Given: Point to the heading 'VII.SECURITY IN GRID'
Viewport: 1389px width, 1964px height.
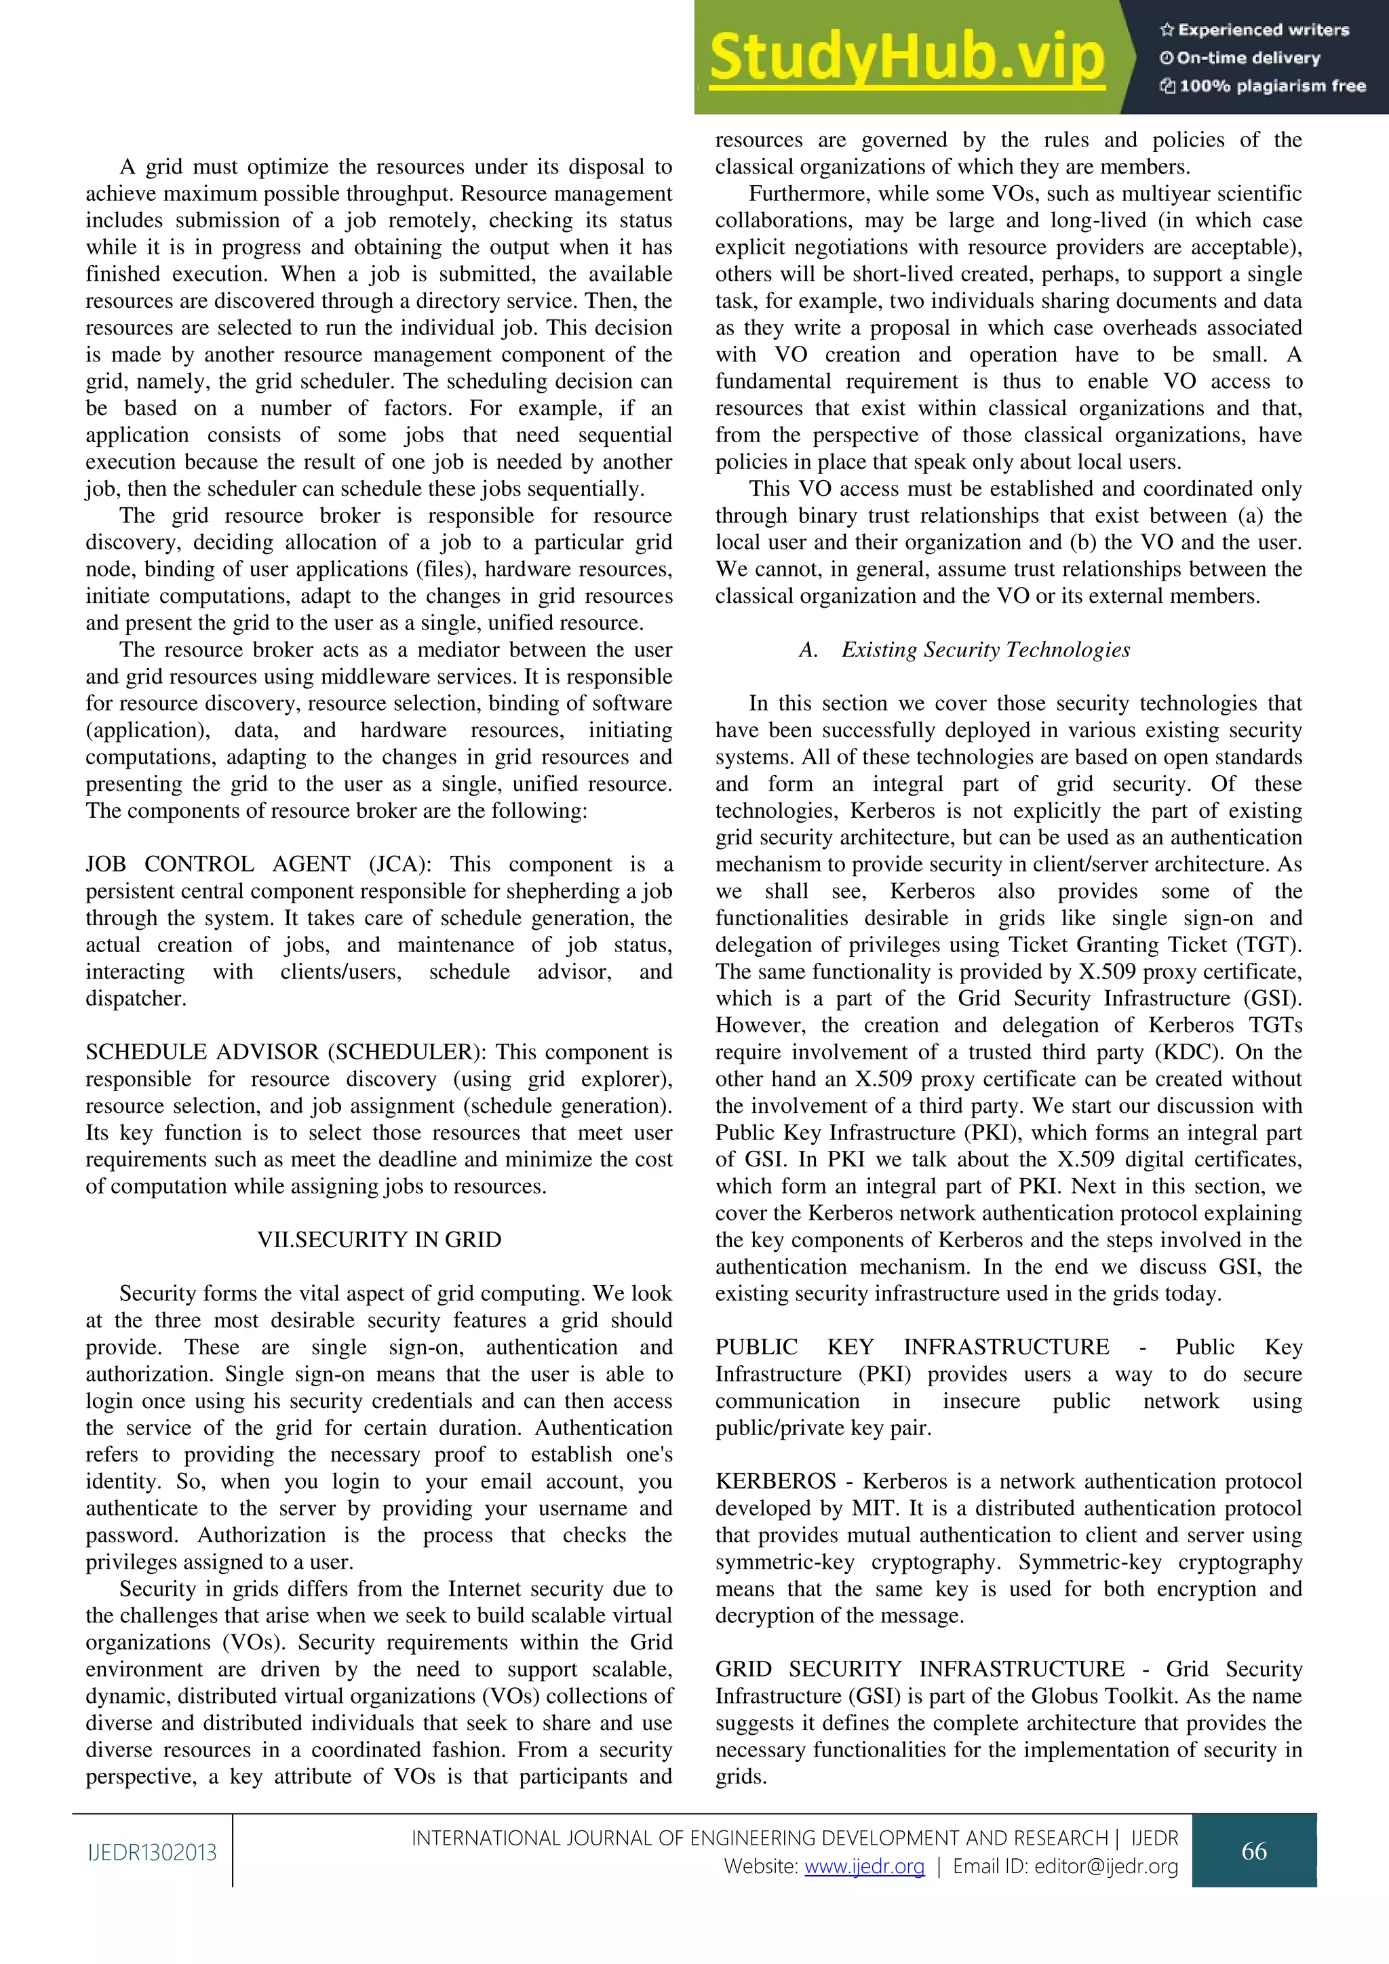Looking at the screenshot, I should click(x=379, y=1240).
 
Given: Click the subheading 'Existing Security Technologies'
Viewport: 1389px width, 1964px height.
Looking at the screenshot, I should click(x=985, y=650).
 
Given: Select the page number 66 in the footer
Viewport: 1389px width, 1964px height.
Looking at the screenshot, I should click(x=1254, y=1851).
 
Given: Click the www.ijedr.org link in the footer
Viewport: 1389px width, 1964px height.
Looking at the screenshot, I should click(x=864, y=1866).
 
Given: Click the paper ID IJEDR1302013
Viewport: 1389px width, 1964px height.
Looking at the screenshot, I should click(x=152, y=1853).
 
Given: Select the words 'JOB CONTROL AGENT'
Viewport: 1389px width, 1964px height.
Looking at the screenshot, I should click(x=217, y=864).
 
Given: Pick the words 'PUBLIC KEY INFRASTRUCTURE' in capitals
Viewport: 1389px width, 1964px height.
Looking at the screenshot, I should click(x=912, y=1348).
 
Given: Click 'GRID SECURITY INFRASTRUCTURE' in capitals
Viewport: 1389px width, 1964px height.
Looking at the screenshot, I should click(x=920, y=1669).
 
